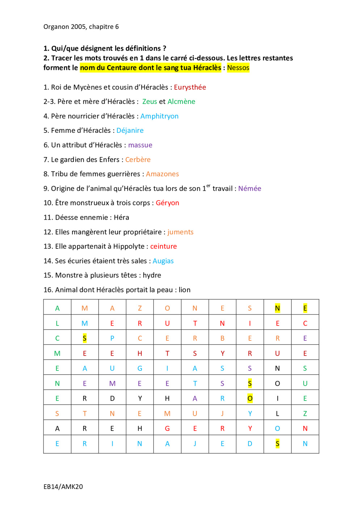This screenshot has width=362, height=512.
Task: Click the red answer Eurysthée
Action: pos(190,87)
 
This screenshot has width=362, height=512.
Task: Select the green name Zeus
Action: pos(150,102)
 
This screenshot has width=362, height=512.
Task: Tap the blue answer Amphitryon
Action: pos(159,116)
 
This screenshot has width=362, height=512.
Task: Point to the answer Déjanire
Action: pos(130,131)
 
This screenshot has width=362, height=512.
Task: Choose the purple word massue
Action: pos(140,145)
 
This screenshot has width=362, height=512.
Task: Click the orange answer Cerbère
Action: pos(138,160)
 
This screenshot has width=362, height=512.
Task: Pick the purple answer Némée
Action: pos(249,189)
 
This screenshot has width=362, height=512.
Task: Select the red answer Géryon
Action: pos(167,203)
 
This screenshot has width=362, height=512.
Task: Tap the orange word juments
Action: pos(180,232)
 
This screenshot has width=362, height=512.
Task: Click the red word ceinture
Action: pos(163,246)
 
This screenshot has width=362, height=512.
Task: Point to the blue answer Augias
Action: pos(163,261)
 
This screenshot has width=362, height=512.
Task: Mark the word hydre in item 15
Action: pos(152,275)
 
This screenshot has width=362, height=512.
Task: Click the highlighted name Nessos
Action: pos(238,68)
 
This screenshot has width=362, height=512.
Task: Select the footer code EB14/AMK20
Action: pos(63,487)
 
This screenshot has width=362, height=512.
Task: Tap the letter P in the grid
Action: pos(112,338)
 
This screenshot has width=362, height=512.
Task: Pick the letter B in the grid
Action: pos(222,338)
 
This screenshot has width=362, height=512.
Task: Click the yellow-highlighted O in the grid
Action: pos(250,398)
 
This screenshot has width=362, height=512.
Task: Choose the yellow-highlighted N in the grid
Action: pos(277,308)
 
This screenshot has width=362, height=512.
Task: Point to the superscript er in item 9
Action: pos(208,186)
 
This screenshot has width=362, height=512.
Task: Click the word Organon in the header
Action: pos(56,27)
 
